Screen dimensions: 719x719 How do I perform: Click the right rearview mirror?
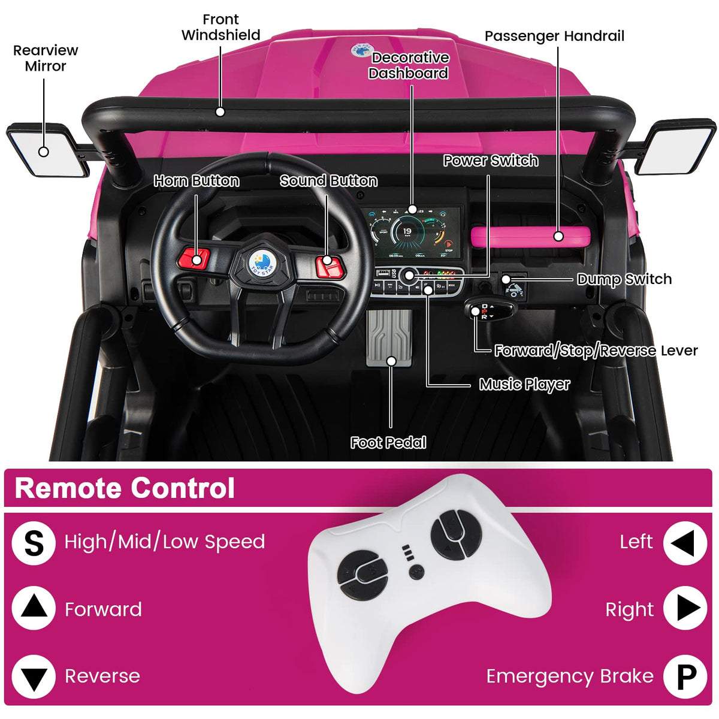pos(676,147)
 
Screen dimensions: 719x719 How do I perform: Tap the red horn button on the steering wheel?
pos(194,259)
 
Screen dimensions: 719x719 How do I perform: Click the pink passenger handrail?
pos(530,237)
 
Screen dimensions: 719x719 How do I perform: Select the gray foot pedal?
pos(389,338)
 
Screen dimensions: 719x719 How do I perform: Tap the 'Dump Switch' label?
pos(624,279)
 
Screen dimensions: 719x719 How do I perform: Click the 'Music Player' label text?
pos(524,384)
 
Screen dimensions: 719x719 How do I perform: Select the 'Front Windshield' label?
pos(220,28)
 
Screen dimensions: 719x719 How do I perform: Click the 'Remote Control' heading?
pos(125,488)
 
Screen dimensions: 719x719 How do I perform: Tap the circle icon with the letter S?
pos(34,543)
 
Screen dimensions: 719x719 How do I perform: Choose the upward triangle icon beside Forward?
pos(34,608)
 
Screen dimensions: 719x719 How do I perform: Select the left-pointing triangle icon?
pos(684,543)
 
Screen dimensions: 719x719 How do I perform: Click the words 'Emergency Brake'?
pos(569,676)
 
